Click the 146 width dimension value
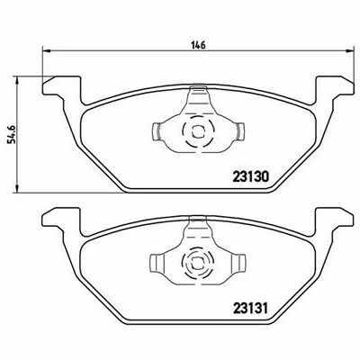point(198,45)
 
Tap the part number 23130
point(250,176)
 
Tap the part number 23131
point(250,308)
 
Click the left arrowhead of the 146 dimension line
point(46,50)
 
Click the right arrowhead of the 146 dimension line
point(350,50)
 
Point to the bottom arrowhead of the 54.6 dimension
point(17,188)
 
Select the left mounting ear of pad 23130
point(62,86)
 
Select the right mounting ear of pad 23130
point(334,86)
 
